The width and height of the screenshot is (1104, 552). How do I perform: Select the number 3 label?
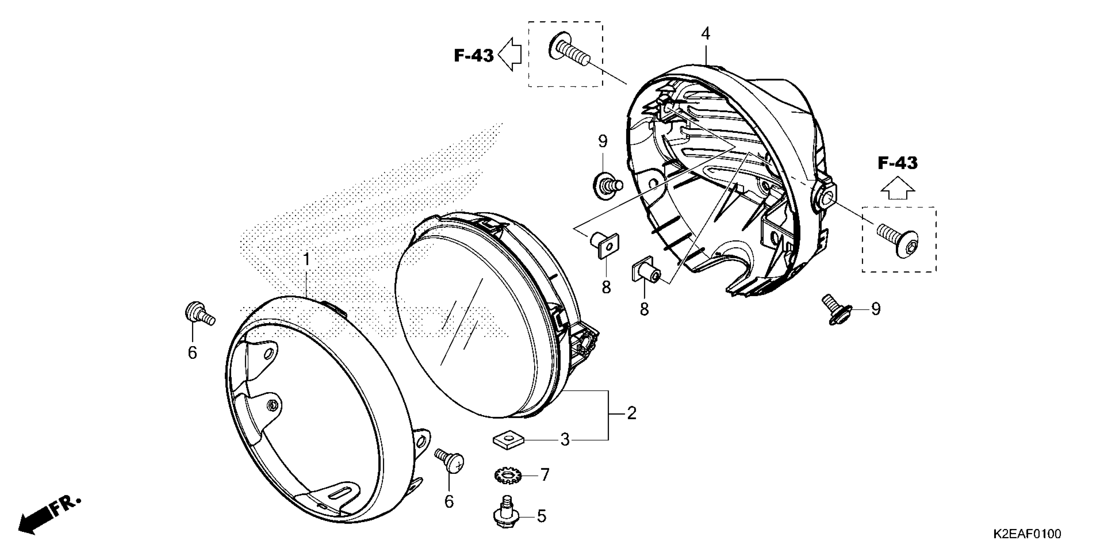pyautogui.click(x=565, y=440)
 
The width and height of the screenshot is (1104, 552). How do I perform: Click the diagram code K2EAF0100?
pyautogui.click(x=1026, y=534)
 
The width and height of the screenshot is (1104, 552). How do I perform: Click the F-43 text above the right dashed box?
pyautogui.click(x=897, y=163)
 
